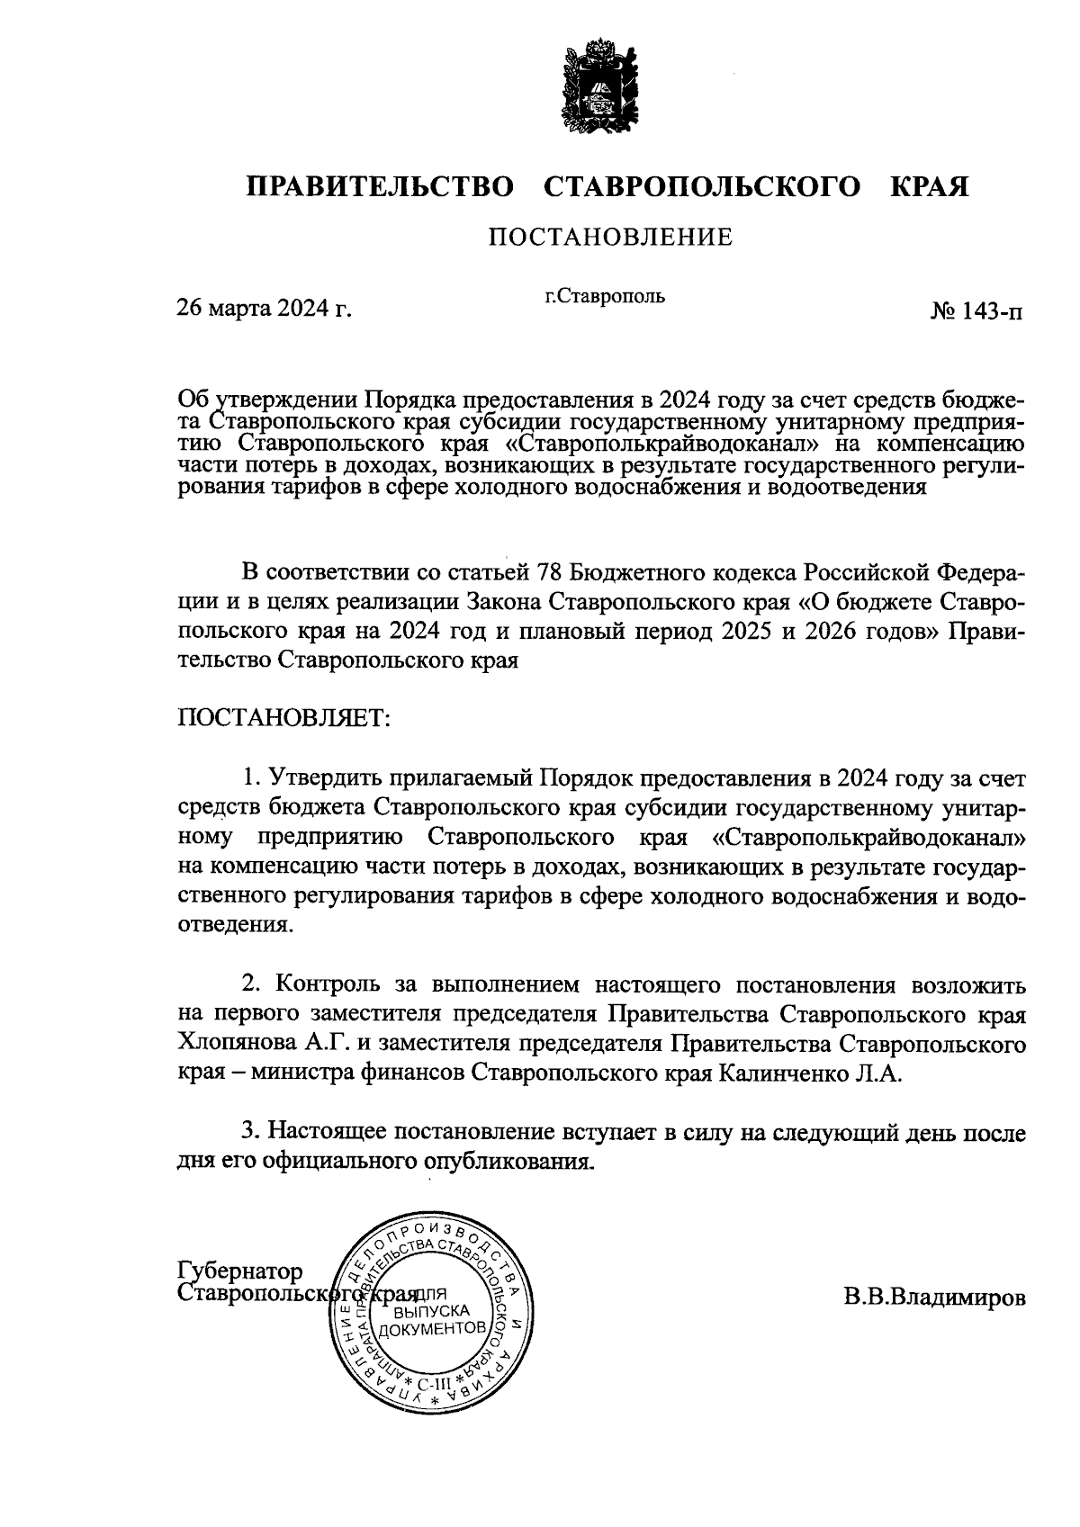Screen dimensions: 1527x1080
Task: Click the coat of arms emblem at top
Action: (x=600, y=85)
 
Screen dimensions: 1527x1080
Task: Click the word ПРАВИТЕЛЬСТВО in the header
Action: (x=381, y=187)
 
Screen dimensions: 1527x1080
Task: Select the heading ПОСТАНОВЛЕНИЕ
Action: (x=610, y=238)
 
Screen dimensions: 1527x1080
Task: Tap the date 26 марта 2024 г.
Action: (x=264, y=310)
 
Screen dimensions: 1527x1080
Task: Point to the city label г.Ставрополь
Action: (x=605, y=295)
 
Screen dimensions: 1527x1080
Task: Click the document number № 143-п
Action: (x=976, y=311)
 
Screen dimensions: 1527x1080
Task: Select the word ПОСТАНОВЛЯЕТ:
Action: (x=283, y=718)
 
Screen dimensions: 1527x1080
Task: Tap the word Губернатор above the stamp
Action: (x=241, y=1271)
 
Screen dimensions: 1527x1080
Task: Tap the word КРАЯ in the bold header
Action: (x=930, y=187)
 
